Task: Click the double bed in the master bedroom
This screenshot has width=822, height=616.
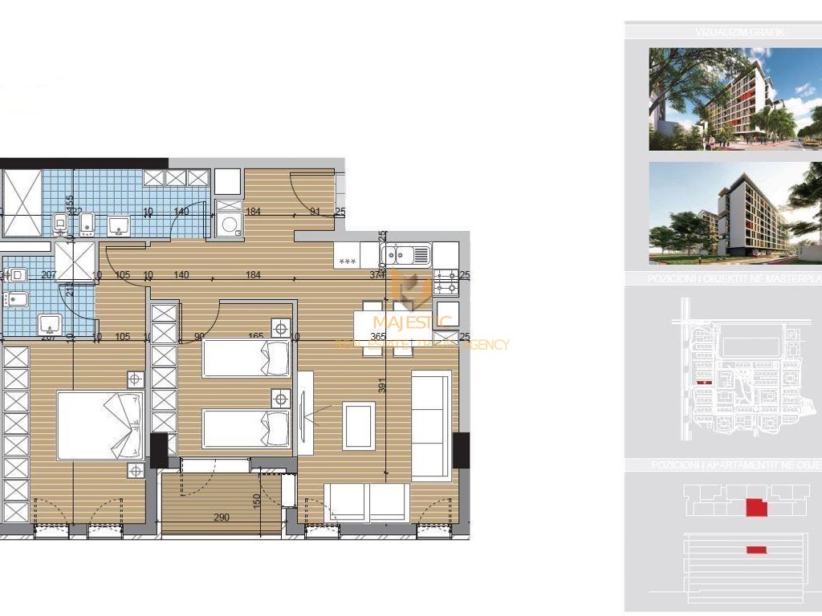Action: (x=100, y=425)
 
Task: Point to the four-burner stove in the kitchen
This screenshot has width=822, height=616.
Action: (x=446, y=282)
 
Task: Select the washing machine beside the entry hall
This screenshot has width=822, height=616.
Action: (x=229, y=224)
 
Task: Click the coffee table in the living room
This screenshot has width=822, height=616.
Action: (x=358, y=425)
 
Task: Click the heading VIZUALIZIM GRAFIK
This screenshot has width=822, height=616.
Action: (x=728, y=33)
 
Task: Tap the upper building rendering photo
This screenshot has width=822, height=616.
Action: (x=735, y=99)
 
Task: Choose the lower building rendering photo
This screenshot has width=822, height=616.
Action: (x=735, y=213)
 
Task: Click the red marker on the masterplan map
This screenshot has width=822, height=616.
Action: (x=704, y=383)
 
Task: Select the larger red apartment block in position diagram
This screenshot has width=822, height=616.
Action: (x=756, y=507)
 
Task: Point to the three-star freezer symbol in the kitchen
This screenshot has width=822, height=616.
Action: (x=347, y=261)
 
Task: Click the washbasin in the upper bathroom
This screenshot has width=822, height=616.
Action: (x=120, y=225)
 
